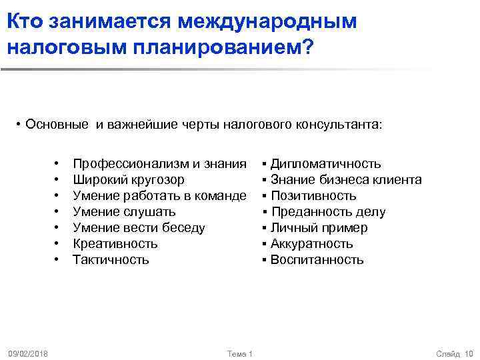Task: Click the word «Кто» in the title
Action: (25, 21)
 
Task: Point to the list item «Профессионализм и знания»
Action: (159, 164)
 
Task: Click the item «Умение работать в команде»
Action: (159, 196)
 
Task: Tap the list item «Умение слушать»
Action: (124, 212)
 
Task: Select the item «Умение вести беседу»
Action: (139, 228)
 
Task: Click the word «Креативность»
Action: (115, 244)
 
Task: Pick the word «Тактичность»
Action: (111, 260)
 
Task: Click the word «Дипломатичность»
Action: (325, 164)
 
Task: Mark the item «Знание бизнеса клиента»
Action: (345, 180)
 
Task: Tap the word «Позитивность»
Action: (313, 196)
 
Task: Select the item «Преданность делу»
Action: (327, 212)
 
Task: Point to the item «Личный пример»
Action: (319, 228)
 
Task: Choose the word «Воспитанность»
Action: (317, 260)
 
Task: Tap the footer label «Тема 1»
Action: (239, 353)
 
